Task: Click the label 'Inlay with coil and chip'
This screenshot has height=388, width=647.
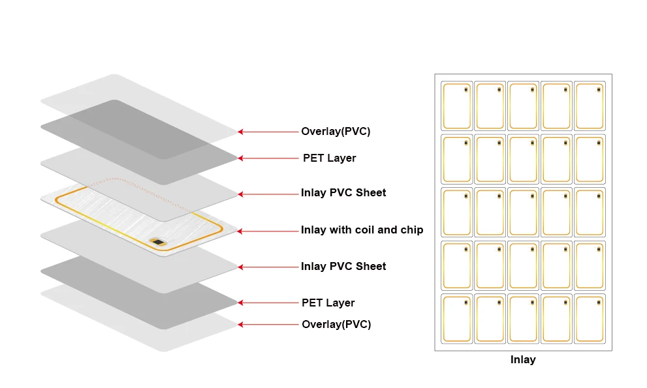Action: click(362, 230)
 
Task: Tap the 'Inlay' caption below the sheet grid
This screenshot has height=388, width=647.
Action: click(523, 359)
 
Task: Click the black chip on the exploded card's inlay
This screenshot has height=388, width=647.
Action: click(157, 242)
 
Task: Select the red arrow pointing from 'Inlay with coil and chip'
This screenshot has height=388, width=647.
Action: click(268, 231)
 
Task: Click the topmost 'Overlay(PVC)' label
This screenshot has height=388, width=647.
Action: click(336, 131)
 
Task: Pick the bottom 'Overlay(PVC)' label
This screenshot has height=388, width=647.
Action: click(336, 324)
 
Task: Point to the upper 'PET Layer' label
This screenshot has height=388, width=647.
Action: click(329, 158)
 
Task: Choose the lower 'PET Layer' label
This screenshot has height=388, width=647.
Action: click(328, 303)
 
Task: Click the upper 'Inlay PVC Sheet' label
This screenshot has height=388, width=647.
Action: click(343, 192)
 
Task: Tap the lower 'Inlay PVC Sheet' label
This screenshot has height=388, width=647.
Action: click(343, 266)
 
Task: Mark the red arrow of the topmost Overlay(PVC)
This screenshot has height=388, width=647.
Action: click(268, 132)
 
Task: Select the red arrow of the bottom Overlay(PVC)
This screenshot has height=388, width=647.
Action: click(268, 325)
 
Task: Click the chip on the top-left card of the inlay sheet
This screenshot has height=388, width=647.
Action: click(466, 89)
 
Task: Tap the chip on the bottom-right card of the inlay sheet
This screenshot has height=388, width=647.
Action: click(599, 303)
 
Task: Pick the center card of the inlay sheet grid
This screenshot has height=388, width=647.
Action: click(523, 213)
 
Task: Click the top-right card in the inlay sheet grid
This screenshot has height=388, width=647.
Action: click(590, 106)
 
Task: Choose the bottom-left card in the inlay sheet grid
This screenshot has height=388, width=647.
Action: click(457, 319)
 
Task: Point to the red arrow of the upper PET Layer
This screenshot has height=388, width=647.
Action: click(268, 158)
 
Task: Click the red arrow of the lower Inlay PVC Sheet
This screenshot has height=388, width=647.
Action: click(268, 267)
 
